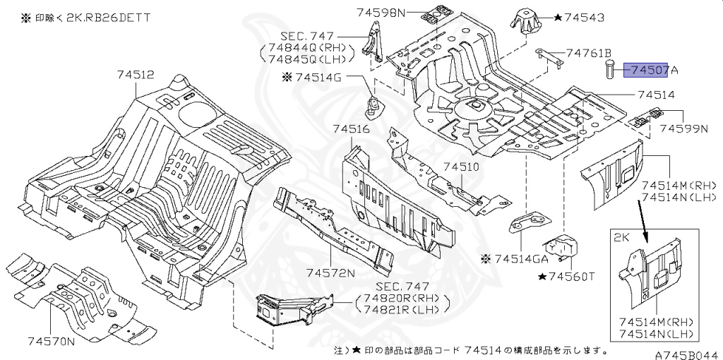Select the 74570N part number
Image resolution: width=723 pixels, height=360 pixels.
tap(52, 342)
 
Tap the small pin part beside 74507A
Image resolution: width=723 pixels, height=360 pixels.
tap(610, 71)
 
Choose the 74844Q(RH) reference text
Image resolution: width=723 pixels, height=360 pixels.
tap(306, 47)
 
